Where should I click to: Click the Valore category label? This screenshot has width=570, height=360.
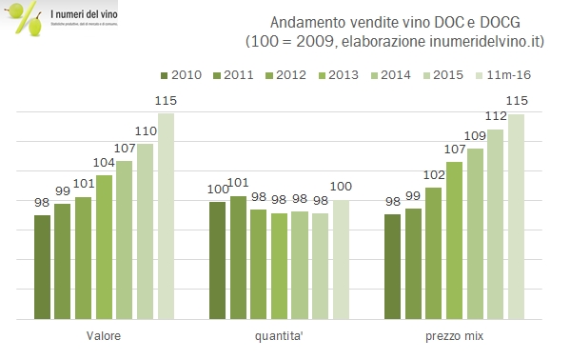coord(103,336)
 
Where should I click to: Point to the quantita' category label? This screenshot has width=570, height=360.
coord(279,336)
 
